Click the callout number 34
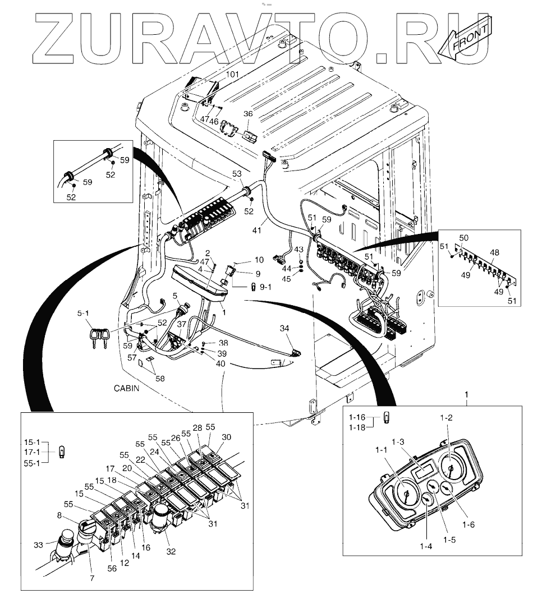click(x=285, y=328)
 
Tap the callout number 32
click(x=171, y=551)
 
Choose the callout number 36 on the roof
click(x=248, y=114)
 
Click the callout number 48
click(x=494, y=252)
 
